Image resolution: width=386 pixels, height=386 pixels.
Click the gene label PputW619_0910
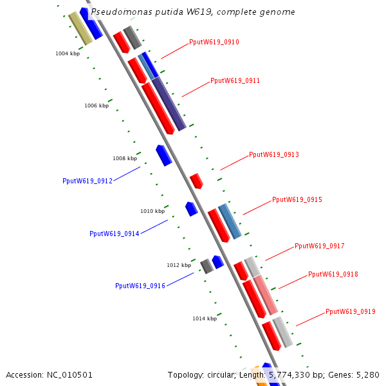214,42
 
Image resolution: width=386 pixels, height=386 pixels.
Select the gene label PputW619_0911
235,81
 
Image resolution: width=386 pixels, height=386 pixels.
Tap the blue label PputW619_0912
87,181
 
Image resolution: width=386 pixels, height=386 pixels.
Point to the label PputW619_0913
273,155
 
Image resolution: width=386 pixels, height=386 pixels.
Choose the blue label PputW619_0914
115,234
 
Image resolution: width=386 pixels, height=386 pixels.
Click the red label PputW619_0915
297,200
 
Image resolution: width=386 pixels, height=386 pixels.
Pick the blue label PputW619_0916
140,286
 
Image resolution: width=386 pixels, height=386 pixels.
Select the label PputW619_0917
319,246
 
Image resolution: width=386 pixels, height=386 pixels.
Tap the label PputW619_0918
333,275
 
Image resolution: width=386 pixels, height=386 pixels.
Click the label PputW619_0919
350,312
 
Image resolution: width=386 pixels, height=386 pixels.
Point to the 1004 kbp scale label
68,53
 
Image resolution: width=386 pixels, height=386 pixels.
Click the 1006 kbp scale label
96,106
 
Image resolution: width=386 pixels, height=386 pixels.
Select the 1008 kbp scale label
125,158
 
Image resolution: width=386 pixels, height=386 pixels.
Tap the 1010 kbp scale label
152,211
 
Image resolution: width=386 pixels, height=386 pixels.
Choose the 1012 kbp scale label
179,265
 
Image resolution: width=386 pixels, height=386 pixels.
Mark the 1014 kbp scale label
205,318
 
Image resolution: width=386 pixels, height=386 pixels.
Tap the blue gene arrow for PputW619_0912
164,155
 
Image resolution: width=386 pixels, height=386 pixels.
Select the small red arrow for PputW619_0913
196,180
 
